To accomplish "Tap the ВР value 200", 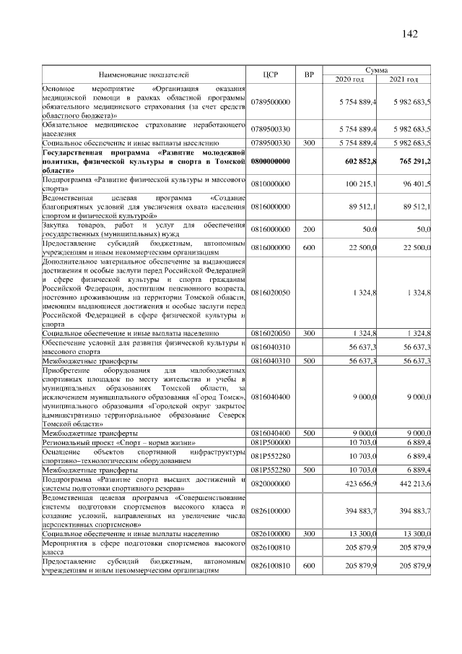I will pos(309,229).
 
